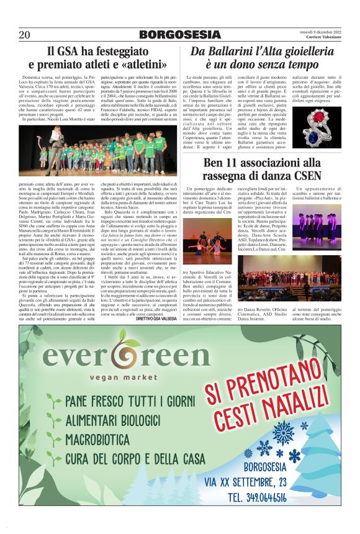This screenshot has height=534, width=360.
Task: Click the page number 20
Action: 25,34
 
